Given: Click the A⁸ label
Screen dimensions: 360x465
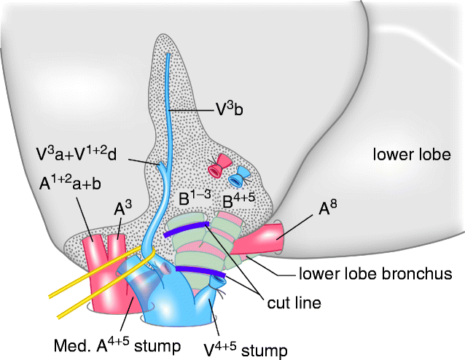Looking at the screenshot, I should (x=330, y=209).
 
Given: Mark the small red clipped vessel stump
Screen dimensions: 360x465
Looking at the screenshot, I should (x=216, y=168).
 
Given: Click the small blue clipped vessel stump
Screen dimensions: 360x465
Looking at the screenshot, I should (x=238, y=176).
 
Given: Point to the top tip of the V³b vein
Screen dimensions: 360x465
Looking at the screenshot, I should (x=168, y=55).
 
